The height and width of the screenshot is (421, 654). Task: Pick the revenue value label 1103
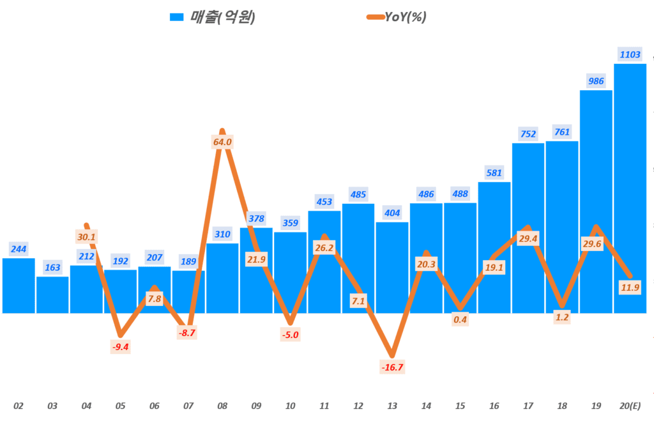[x=630, y=54]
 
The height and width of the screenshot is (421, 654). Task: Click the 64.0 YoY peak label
[x=222, y=142]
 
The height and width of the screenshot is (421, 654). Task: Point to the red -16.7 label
[x=392, y=367]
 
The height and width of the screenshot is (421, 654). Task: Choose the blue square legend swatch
[x=176, y=17]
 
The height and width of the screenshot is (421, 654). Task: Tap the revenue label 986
[x=596, y=80]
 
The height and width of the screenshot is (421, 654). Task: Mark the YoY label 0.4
[x=460, y=319]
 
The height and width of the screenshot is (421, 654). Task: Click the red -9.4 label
[x=120, y=347]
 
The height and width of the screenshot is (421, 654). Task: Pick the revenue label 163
[x=52, y=267]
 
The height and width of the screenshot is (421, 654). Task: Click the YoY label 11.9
[x=630, y=287]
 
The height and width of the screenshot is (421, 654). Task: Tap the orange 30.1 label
[x=86, y=237]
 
